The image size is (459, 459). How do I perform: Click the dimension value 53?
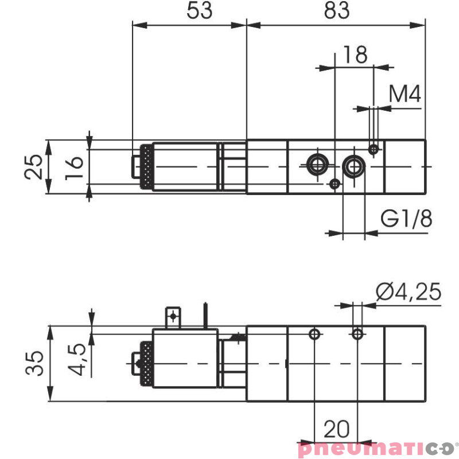pyautogui.click(x=199, y=11)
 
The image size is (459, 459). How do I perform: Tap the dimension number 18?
pyautogui.click(x=354, y=55)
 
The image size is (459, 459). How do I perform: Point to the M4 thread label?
pyautogui.click(x=405, y=94)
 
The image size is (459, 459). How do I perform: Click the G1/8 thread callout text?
pyautogui.click(x=406, y=219)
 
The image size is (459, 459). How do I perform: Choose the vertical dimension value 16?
pyautogui.click(x=75, y=167)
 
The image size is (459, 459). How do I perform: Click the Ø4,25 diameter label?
pyautogui.click(x=409, y=292)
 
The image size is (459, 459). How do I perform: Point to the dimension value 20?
pyautogui.click(x=336, y=429)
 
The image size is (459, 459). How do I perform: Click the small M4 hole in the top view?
pyautogui.click(x=374, y=149)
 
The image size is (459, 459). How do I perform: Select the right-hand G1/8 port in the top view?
pyautogui.click(x=353, y=166)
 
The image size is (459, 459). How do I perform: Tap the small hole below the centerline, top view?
pyautogui.click(x=334, y=184)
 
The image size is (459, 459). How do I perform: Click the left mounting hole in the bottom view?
pyautogui.click(x=314, y=334)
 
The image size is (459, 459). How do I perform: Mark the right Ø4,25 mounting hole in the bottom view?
pyautogui.click(x=357, y=333)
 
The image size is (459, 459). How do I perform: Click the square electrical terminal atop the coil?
pyautogui.click(x=173, y=316)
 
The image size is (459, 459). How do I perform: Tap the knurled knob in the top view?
pyautogui.click(x=147, y=167)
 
